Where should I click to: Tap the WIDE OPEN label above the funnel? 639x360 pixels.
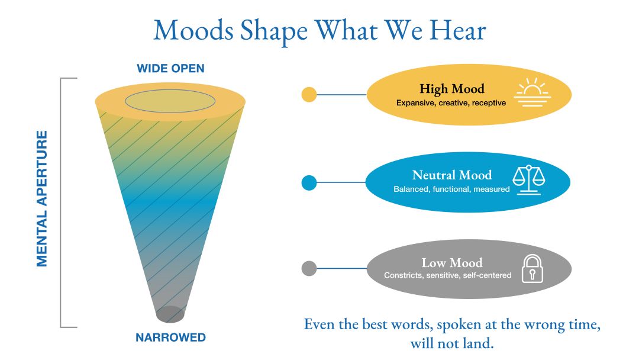pos(170,69)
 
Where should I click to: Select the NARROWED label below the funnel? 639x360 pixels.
pos(170,338)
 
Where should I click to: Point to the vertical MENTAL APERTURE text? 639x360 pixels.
pos(42,198)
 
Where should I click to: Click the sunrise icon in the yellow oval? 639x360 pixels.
pos(531,93)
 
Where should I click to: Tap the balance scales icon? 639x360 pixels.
pos(528,179)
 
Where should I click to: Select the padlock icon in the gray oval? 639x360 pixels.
pos(531,268)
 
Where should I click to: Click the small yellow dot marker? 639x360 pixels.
pos(309,95)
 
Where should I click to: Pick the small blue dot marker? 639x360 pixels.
pos(309,182)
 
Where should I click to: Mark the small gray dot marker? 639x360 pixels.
pos(309,268)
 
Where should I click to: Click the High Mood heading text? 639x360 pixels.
pos(451,89)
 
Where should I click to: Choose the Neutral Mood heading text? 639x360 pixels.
pos(451,175)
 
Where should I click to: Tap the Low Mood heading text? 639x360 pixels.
pos(451,262)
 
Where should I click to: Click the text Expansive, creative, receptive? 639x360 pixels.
pos(451,103)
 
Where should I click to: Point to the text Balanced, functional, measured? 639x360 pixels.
pos(451,189)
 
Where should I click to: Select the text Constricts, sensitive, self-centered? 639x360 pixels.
pos(447,275)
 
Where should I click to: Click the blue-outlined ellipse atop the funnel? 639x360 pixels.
pos(170,101)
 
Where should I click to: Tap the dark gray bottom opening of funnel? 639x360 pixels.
pos(170,314)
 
